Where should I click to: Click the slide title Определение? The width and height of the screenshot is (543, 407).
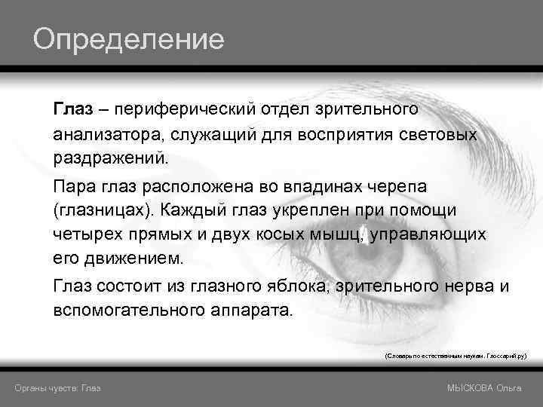(x=128, y=38)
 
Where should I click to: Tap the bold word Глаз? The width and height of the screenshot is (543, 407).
(x=73, y=110)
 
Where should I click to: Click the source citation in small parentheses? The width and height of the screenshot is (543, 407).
(x=456, y=353)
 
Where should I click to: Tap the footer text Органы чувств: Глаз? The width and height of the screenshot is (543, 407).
(x=59, y=387)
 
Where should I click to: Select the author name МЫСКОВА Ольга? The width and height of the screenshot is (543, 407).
(x=485, y=387)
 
